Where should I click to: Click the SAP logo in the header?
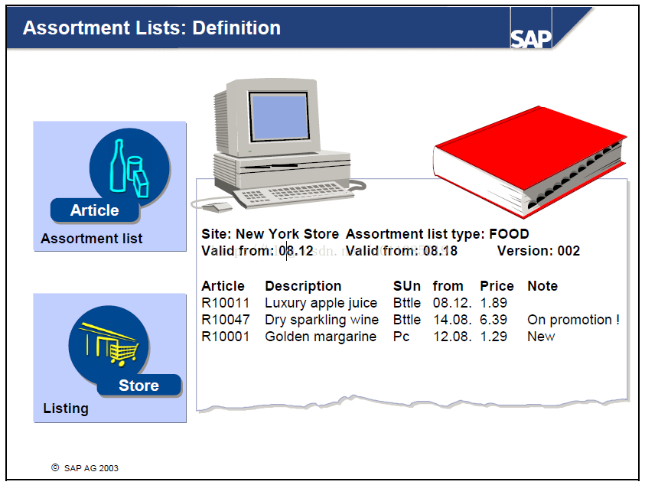531,39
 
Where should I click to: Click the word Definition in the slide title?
236,28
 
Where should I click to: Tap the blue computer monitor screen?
279,116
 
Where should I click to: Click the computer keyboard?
293,193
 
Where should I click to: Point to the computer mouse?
217,207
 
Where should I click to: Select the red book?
529,162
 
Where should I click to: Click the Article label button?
95,210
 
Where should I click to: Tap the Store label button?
139,386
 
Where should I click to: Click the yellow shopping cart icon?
122,353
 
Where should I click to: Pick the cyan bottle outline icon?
118,166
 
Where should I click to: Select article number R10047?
226,320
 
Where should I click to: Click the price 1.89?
494,303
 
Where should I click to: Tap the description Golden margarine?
321,337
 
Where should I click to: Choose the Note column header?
542,286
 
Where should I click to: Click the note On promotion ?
573,320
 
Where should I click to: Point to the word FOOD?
509,233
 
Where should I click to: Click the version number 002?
568,250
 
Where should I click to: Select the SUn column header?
407,286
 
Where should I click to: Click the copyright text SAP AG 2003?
91,468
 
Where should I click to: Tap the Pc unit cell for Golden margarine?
401,337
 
